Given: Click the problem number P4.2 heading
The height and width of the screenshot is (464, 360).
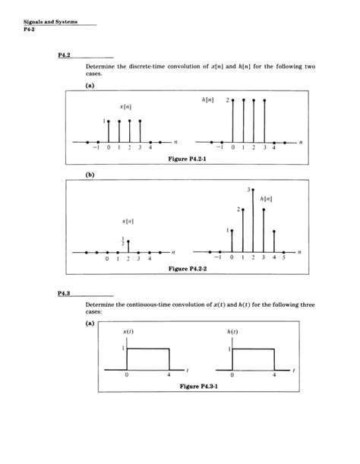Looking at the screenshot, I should (63, 55).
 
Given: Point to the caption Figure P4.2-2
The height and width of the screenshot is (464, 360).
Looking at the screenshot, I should (192, 269).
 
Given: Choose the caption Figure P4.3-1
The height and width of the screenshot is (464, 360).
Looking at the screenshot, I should (198, 386).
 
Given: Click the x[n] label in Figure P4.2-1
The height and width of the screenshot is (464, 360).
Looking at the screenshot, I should (126, 106).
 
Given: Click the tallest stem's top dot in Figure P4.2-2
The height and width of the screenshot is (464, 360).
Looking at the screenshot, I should (253, 190).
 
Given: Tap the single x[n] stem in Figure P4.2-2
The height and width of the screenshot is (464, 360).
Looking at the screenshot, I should (128, 246).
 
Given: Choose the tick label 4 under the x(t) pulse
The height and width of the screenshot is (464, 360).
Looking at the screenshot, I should (169, 376).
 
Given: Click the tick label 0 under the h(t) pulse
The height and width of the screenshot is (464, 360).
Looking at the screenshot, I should (232, 376).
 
